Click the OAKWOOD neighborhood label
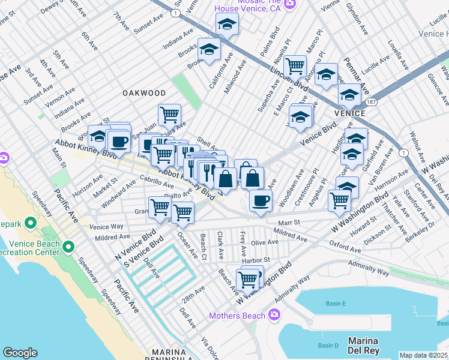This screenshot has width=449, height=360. (x=143, y=93)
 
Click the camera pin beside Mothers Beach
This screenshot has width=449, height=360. (x=274, y=314)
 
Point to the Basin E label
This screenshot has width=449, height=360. (x=336, y=304)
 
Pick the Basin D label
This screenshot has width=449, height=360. (x=328, y=346)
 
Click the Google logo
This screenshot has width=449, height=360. (x=20, y=353)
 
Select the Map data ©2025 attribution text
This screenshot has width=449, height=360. (x=424, y=355)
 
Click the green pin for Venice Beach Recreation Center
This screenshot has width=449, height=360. (x=68, y=246)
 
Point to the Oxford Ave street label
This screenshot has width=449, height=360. (x=345, y=247)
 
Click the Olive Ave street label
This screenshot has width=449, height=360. (x=265, y=242)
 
